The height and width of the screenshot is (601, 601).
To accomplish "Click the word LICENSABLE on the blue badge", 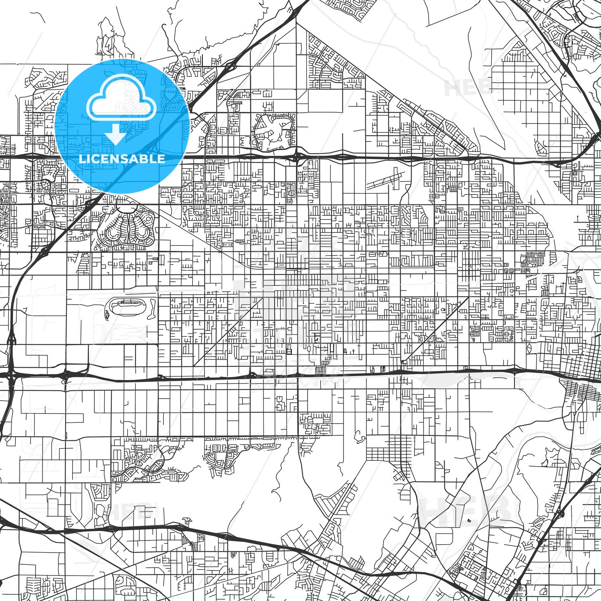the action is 122,159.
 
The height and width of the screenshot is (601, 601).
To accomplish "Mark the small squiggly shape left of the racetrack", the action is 107,313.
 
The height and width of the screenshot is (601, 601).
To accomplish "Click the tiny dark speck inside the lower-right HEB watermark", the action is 470,520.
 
